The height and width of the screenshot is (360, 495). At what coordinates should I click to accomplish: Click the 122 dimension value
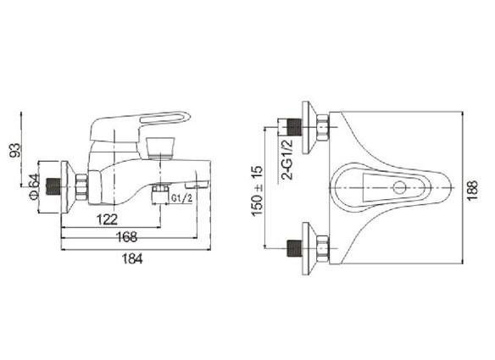[x=107, y=219]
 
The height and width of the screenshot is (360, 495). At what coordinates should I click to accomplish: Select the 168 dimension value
[x=126, y=237]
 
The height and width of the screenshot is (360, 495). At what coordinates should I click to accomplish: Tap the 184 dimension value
[x=132, y=258]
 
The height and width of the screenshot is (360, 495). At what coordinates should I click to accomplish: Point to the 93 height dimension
[x=14, y=150]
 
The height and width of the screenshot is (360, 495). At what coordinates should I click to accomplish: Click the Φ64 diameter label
[x=34, y=186]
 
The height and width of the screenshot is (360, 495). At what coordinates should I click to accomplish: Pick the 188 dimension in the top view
[x=472, y=190]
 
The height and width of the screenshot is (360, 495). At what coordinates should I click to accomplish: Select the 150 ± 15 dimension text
[x=258, y=191]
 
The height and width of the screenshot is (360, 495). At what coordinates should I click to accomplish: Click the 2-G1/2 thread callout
[x=287, y=159]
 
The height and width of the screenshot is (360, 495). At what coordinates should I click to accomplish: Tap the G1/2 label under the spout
[x=181, y=198]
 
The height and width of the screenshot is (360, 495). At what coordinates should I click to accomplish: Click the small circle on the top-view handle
[x=399, y=187]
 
